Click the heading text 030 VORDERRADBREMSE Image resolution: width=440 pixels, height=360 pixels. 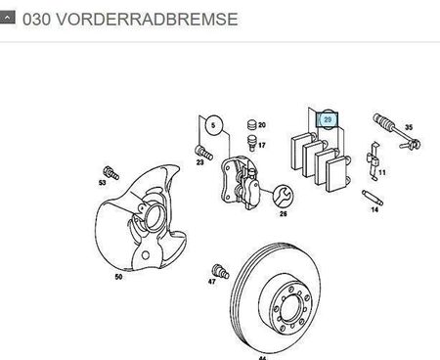tap(130, 20)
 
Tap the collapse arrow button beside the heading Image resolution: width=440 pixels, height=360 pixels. tap(7, 17)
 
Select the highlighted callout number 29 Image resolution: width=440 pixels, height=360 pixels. tap(328, 119)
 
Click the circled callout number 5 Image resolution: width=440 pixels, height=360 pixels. tap(213, 125)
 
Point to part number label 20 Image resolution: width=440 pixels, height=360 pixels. tap(262, 125)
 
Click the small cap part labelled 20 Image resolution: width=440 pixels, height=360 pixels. tap(251, 124)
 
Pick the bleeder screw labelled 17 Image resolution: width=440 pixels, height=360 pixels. tap(251, 143)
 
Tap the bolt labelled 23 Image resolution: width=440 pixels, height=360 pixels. tap(204, 153)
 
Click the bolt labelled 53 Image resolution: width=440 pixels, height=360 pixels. tap(111, 173)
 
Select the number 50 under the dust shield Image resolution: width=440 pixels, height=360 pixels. tap(118, 277)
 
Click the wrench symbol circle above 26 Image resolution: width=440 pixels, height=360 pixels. tap(283, 196)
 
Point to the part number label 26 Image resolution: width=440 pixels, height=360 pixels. tap(283, 214)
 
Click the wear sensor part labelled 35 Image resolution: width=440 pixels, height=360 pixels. tap(396, 131)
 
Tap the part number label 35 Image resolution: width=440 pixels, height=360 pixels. tap(409, 127)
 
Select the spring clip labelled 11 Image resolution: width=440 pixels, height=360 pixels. tap(374, 160)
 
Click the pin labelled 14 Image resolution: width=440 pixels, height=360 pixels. tap(373, 198)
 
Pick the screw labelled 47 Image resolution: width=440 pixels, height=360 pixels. tap(220, 271)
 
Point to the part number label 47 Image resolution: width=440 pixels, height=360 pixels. tap(212, 282)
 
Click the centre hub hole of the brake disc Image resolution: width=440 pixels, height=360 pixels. tap(290, 307)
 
